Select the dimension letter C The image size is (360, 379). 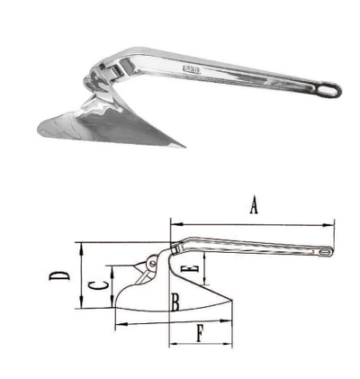[94, 288]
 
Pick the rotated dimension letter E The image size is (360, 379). [187, 269]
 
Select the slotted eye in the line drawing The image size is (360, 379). [325, 253]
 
